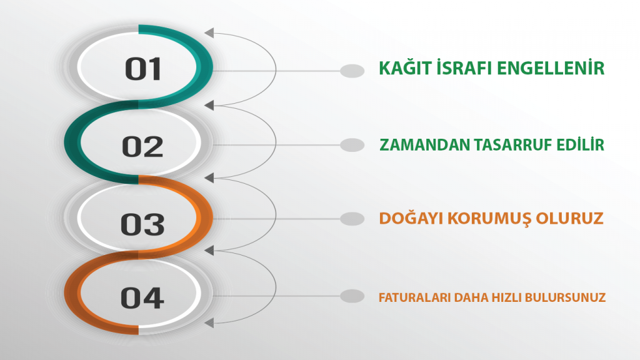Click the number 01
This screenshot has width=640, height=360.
coord(143,69)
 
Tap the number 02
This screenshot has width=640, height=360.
coord(142,147)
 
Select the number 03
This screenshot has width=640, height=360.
coord(143,223)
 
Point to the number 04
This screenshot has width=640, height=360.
coord(142,297)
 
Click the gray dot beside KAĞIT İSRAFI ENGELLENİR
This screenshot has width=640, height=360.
coord(352,71)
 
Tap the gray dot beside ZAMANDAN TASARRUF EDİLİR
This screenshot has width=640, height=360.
coord(352,145)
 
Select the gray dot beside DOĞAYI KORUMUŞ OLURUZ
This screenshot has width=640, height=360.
coord(352,219)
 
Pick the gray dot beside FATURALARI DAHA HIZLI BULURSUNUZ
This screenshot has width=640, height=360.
coord(352,296)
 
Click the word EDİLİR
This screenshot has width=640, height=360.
coord(582,145)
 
